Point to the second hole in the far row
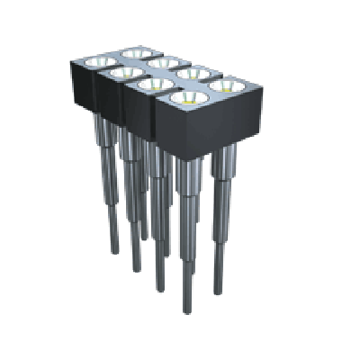click(163, 62)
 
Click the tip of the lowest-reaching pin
click(187, 310)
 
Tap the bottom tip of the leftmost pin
click(113, 251)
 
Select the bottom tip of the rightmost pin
click(217, 293)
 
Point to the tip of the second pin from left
click(135, 268)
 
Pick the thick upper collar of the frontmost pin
click(186, 175)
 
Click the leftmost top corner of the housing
click(71, 59)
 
